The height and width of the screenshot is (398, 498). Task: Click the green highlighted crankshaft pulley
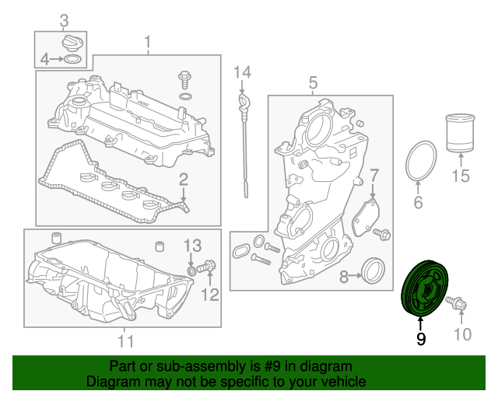point(425,288)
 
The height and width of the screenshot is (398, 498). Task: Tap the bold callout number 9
point(421,339)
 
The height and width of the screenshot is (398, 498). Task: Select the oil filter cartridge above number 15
point(460,133)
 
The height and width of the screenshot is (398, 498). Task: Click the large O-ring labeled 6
point(421,161)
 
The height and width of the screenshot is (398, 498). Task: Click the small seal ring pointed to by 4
point(72,59)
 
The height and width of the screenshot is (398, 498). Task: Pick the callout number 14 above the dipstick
point(242,72)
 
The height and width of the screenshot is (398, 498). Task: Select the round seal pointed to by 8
point(373,271)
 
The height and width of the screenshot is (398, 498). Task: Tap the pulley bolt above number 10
point(457,303)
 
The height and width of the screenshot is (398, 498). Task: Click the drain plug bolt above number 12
point(206,267)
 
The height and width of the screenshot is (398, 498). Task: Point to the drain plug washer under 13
point(191,271)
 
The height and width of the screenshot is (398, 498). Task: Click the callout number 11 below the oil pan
point(125,341)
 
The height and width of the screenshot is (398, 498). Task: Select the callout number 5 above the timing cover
point(313,82)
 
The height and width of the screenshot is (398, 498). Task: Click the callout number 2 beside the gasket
point(184,180)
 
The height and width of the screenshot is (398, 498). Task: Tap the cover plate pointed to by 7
point(366,218)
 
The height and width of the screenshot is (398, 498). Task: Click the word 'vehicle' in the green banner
point(343,382)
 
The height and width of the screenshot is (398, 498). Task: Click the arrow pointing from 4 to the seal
point(57,59)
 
